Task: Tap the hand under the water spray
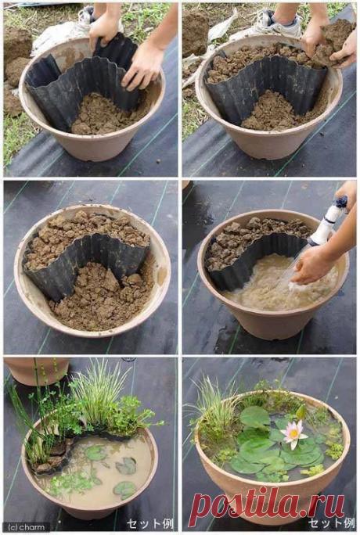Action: coord(313,265)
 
